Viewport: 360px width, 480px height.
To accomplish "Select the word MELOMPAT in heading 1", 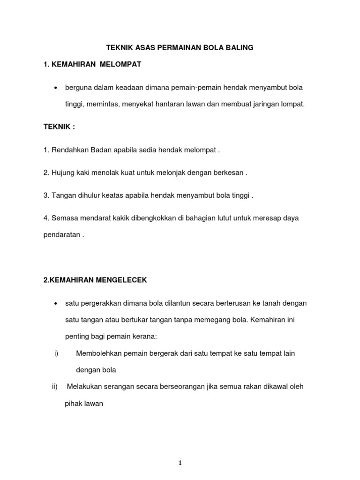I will click(x=120, y=65).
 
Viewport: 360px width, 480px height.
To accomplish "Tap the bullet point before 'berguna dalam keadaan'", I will click(x=56, y=88).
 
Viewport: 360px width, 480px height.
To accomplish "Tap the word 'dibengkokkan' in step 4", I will click(x=144, y=218).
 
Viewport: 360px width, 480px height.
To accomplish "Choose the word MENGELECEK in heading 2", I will click(x=121, y=280).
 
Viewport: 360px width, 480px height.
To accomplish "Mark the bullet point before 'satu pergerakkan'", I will click(x=56, y=303).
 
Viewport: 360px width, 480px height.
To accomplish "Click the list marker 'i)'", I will click(x=56, y=353).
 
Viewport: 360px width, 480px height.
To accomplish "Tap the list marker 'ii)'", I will click(x=54, y=387).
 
